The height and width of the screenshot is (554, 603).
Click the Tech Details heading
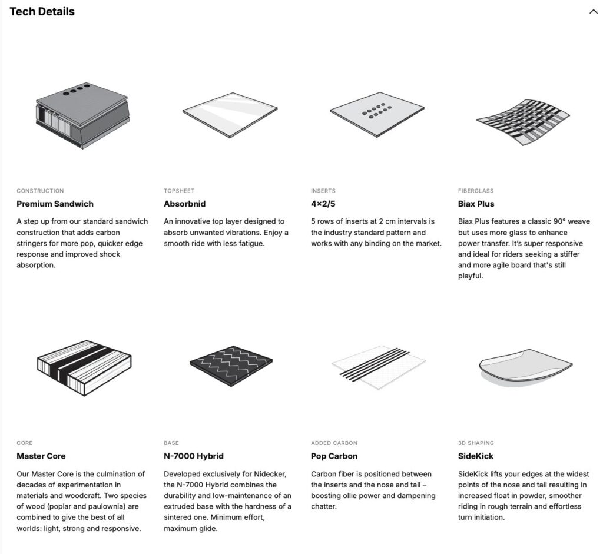(42, 12)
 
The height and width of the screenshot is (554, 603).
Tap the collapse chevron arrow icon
(593, 12)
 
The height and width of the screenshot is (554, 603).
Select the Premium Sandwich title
(55, 204)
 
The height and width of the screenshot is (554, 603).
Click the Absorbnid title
(184, 204)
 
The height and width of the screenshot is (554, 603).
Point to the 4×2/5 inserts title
(323, 204)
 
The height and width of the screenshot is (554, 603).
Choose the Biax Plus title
(476, 204)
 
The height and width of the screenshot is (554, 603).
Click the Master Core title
(41, 456)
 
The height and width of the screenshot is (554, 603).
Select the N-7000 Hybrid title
(194, 456)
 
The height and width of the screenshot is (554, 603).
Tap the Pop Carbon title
(334, 456)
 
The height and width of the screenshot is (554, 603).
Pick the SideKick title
(476, 456)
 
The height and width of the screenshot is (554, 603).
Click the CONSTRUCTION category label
(41, 191)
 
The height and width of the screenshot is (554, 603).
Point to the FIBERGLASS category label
(476, 191)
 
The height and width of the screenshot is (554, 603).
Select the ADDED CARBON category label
(334, 443)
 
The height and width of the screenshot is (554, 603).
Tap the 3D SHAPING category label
(476, 443)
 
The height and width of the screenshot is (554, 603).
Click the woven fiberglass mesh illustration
(523, 122)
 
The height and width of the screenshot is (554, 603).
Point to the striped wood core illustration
(84, 367)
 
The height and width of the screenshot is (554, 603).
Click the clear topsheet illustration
(230, 115)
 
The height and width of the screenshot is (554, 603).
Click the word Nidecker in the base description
(270, 474)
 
